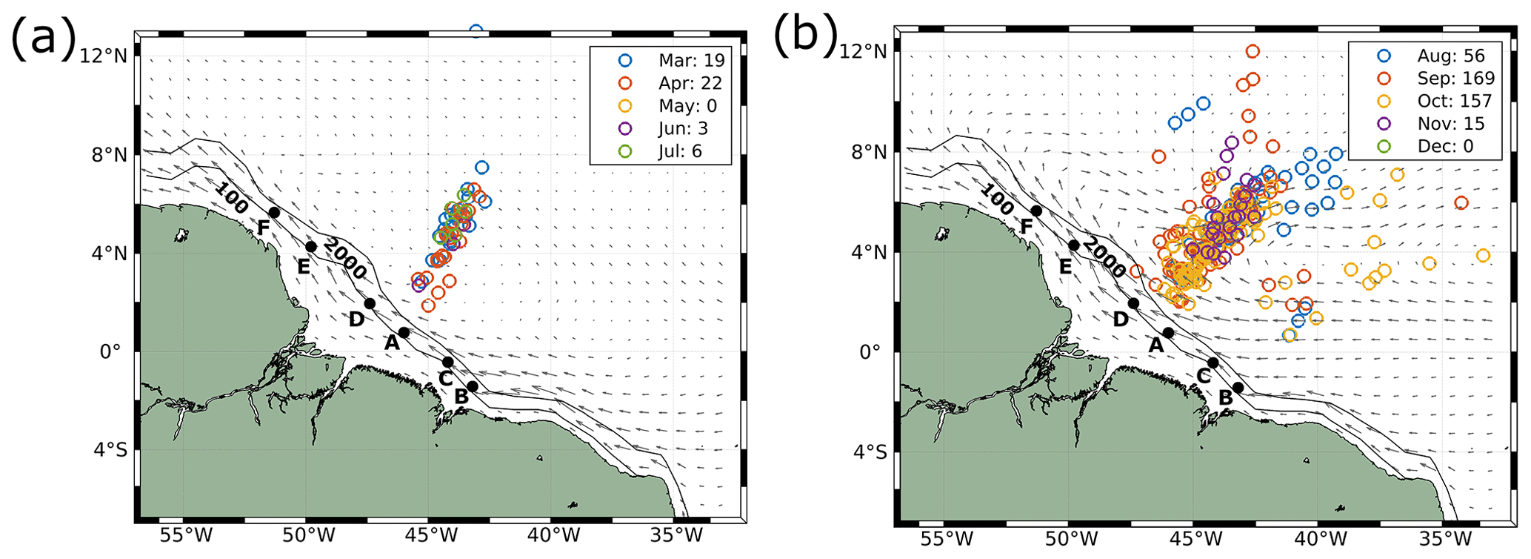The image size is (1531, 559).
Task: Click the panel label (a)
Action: click(x=43, y=37)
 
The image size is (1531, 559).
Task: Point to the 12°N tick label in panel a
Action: click(x=104, y=56)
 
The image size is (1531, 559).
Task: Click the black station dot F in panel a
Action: click(x=274, y=213)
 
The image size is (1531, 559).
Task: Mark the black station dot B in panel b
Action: click(x=1238, y=388)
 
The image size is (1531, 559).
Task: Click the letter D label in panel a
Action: click(x=356, y=320)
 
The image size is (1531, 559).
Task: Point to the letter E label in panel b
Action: click(x=1065, y=267)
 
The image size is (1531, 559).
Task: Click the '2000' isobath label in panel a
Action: click(x=345, y=259)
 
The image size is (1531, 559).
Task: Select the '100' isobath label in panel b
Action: click(x=996, y=199)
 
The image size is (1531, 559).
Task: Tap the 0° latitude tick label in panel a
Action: click(x=110, y=351)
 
